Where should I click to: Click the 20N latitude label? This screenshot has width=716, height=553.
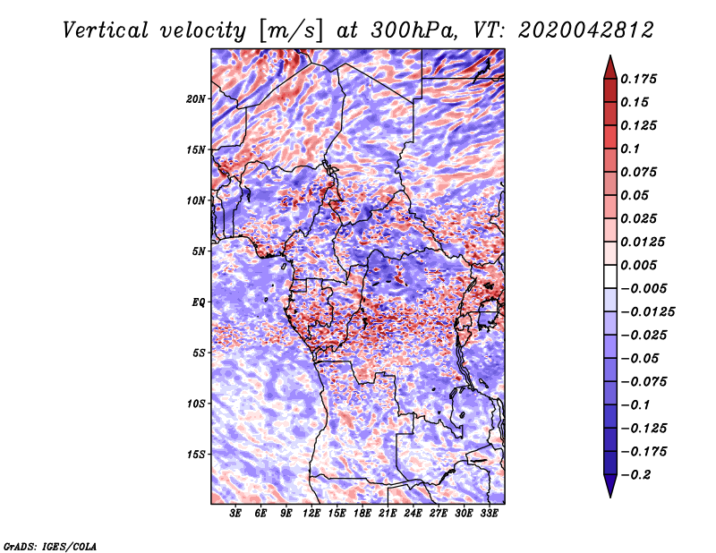coord(196,98)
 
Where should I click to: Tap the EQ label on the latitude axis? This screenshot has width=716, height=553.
coord(199,302)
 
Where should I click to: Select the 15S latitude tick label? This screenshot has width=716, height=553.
coord(196,455)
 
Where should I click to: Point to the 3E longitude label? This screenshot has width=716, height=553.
coord(235,513)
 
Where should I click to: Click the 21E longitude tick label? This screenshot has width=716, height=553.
coord(388,513)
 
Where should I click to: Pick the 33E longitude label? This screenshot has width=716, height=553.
coord(489,513)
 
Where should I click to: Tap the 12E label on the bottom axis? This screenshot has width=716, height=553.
coord(311,513)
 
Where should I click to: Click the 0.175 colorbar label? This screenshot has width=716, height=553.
coord(638,79)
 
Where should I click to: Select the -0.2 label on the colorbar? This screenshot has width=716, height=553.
coord(635,475)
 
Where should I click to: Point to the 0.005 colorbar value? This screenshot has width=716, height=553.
coord(638,265)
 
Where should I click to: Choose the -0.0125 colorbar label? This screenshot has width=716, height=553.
coord(647,312)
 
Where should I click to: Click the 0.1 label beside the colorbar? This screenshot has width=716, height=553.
coord(630,149)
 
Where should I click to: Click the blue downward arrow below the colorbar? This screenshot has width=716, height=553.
coord(610,485)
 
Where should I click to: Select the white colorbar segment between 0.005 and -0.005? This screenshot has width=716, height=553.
coord(610,276)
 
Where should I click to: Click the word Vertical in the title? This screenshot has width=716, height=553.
coord(106,30)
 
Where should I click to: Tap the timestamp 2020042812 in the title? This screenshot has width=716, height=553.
coord(586,30)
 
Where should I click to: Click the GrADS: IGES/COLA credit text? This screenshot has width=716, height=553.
coord(50,546)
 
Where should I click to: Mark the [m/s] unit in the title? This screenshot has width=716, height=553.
coord(290,31)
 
